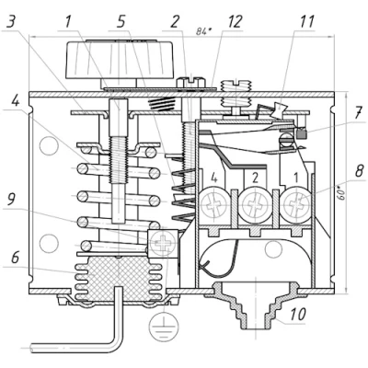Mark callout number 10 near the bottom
click(297, 315)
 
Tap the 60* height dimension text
click(342, 192)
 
